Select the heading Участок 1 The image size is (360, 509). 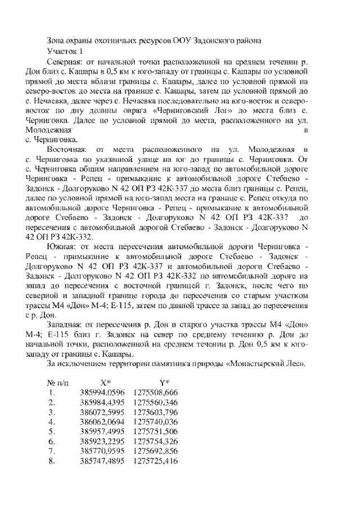click(x=64, y=52)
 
